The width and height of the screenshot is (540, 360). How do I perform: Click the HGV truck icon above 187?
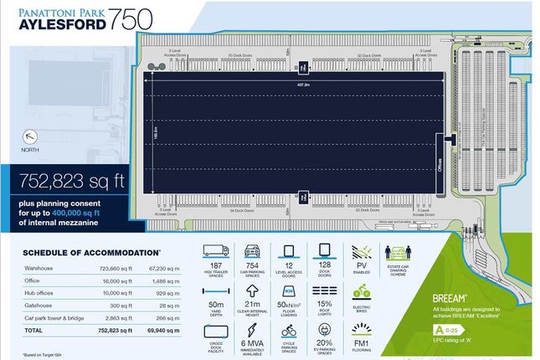pos(217,250)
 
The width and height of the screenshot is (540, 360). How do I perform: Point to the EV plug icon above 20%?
pos(326,328)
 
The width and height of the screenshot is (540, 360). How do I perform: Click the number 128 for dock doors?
pos(325,265)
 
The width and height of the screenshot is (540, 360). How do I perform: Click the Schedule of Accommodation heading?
pos(91,252)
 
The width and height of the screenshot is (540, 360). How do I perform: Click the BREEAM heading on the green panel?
pos(433,297)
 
